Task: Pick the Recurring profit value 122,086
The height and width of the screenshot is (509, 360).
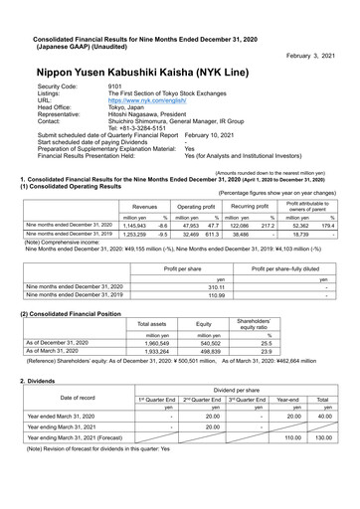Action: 240,227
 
